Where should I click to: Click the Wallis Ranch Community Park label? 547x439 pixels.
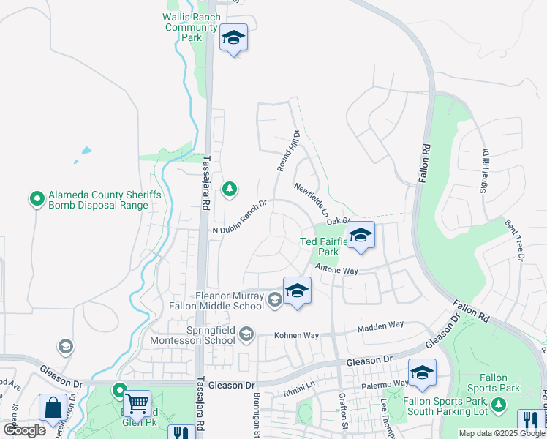pos(192,27)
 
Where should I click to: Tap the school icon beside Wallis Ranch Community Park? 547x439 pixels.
pos(233,38)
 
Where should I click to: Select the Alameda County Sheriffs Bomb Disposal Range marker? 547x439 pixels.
pos(36,198)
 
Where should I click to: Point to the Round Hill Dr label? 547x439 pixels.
pos(289,151)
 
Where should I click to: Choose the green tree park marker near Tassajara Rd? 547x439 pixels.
pos(230,190)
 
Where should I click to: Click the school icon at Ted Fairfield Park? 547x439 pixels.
pos(361,236)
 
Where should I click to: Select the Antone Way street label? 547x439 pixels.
pos(336,271)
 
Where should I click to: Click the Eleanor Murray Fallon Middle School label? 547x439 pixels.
pos(226,301)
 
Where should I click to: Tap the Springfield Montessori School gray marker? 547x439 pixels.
pos(246,334)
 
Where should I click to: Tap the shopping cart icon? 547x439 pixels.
pos(137,402)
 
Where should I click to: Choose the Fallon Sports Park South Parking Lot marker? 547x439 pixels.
pos(498,404)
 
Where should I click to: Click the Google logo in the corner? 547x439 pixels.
pos(24,429)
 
